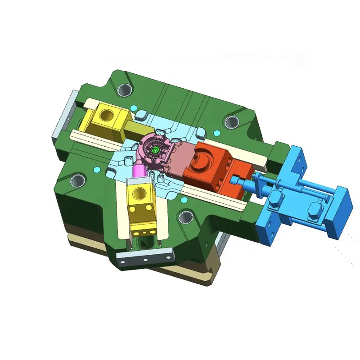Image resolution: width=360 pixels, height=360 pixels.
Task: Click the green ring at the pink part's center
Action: click(x=156, y=150)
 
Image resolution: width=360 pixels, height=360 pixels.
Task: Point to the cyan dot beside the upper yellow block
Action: click(x=134, y=108)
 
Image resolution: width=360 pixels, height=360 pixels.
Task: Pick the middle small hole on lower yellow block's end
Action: click(x=141, y=231)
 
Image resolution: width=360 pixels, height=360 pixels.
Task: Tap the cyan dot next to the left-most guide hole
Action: click(x=97, y=169)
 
